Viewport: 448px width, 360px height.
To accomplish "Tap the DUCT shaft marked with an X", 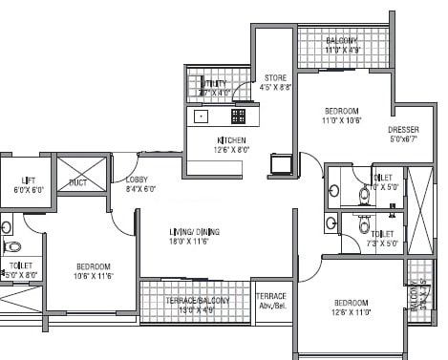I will pyautogui.click(x=77, y=179).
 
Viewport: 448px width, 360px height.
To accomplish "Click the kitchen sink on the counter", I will pyautogui.click(x=202, y=116).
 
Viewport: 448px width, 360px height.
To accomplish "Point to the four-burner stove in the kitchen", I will pyautogui.click(x=238, y=116).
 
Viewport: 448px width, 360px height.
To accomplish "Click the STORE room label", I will pyautogui.click(x=274, y=77).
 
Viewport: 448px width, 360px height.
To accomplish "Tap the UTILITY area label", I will pyautogui.click(x=215, y=83).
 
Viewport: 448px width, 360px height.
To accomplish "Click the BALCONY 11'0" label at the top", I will pyautogui.click(x=341, y=41).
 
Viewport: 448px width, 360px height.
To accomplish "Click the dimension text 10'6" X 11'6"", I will pyautogui.click(x=94, y=277).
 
